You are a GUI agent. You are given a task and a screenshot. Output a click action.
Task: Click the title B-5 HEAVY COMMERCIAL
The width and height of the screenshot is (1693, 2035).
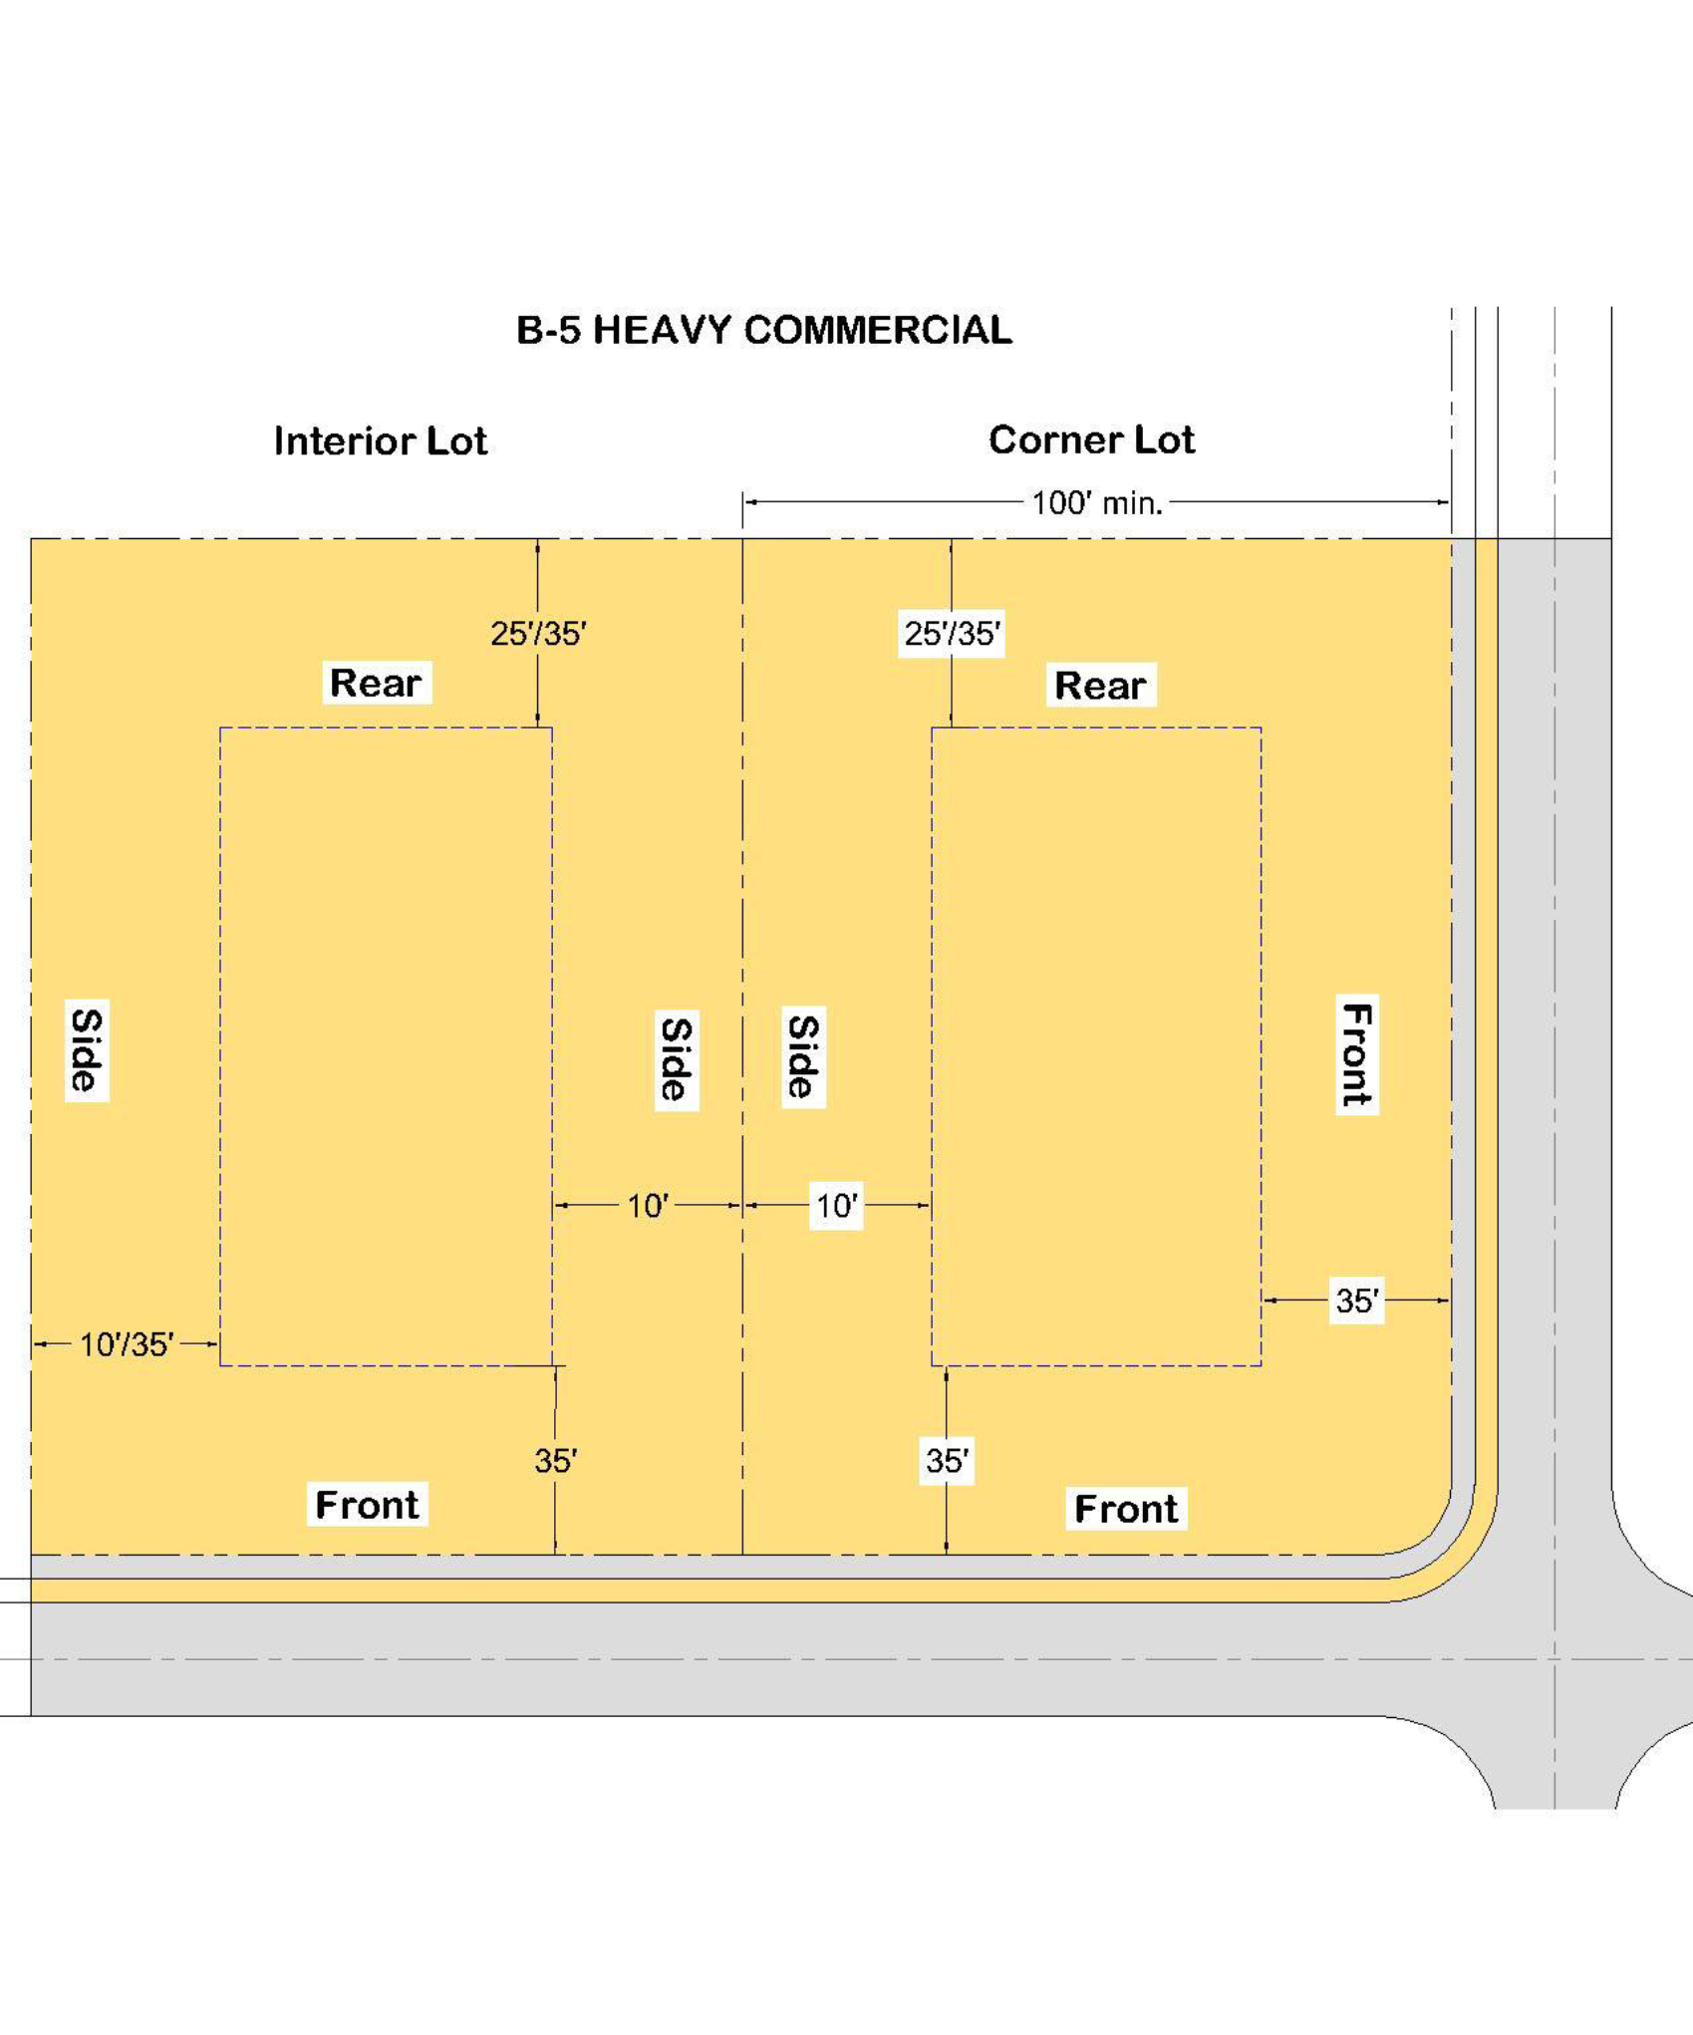click(x=764, y=330)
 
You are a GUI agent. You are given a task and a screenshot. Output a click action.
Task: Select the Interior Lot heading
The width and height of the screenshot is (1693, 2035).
click(x=381, y=440)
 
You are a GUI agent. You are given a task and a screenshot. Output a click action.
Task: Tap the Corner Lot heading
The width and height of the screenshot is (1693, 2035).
click(x=1091, y=439)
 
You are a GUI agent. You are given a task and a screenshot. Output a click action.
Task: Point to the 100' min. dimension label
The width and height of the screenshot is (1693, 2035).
click(x=1097, y=503)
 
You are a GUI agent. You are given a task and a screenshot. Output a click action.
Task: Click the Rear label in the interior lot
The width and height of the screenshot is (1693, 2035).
click(x=376, y=683)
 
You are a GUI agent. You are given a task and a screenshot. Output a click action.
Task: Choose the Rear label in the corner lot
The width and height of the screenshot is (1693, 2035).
click(x=1100, y=685)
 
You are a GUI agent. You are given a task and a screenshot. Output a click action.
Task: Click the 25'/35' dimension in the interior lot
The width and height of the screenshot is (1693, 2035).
click(x=538, y=634)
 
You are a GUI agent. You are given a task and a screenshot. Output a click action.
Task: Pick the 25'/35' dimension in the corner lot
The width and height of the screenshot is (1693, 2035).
click(x=952, y=634)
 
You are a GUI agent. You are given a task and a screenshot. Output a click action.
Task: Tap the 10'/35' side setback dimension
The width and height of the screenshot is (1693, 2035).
click(x=127, y=1344)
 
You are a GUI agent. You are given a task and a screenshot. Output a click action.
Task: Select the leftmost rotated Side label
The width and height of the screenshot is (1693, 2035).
click(x=87, y=1050)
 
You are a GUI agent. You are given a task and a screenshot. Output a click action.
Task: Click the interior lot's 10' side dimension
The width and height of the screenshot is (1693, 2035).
click(x=648, y=1206)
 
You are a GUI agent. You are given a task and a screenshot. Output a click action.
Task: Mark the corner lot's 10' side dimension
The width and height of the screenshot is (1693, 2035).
click(x=836, y=1206)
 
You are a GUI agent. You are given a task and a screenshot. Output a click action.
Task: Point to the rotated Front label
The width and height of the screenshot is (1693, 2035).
click(x=1357, y=1054)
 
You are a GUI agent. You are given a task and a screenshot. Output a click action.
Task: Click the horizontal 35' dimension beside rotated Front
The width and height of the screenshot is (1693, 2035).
click(x=1357, y=1301)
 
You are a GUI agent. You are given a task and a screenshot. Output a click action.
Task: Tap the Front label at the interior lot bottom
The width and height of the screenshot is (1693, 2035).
click(x=367, y=1504)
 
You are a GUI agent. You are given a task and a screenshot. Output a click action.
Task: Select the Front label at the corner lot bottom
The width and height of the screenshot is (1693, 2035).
click(x=1126, y=1509)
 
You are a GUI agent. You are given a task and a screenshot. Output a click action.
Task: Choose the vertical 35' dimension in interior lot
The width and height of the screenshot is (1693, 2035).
click(x=556, y=1461)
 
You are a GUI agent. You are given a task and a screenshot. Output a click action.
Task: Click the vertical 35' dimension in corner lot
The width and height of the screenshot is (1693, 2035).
click(x=947, y=1461)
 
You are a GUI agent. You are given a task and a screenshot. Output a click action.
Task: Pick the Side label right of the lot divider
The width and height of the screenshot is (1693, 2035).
click(x=803, y=1056)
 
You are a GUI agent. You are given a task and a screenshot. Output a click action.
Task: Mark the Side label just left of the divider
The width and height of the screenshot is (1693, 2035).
click(x=677, y=1058)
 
